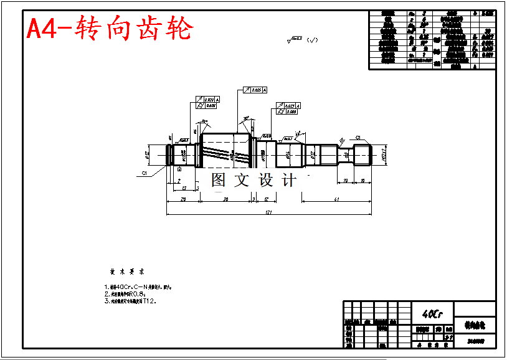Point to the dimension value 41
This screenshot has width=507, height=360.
[x=336, y=199]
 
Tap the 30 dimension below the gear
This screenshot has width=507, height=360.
[x=225, y=199]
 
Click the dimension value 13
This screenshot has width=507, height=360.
[x=184, y=187]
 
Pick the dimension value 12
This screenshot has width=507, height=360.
[x=266, y=199]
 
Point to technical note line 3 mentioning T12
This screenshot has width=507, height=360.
[x=131, y=301]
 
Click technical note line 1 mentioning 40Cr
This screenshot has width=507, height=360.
[x=138, y=287]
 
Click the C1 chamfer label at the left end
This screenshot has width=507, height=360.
[x=145, y=173]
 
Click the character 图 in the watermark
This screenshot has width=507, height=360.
[x=218, y=181]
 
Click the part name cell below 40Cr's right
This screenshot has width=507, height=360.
[x=475, y=326]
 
